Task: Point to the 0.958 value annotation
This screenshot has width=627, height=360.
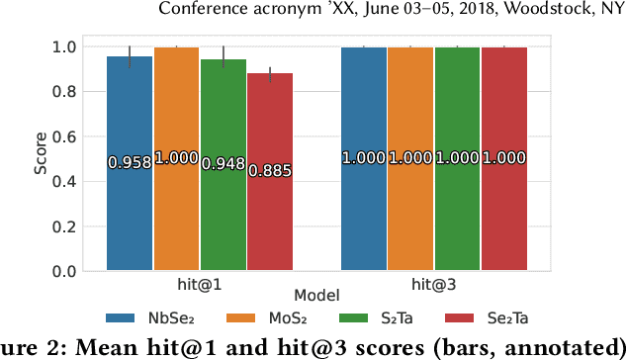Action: pyautogui.click(x=130, y=163)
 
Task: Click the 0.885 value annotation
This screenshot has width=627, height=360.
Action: pyautogui.click(x=270, y=171)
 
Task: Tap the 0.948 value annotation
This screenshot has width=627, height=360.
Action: pyautogui.click(x=224, y=164)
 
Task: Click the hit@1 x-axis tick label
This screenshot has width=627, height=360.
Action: pyautogui.click(x=200, y=285)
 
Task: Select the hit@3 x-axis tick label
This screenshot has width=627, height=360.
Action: pyautogui.click(x=435, y=285)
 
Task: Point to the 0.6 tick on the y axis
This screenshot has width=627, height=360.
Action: pyautogui.click(x=69, y=136)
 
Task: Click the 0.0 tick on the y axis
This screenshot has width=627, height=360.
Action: pyautogui.click(x=69, y=271)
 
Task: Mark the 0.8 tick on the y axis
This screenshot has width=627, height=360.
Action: pyautogui.click(x=69, y=92)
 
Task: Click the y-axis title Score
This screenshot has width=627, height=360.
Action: pyautogui.click(x=41, y=158)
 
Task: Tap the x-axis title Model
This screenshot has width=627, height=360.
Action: pyautogui.click(x=317, y=296)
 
